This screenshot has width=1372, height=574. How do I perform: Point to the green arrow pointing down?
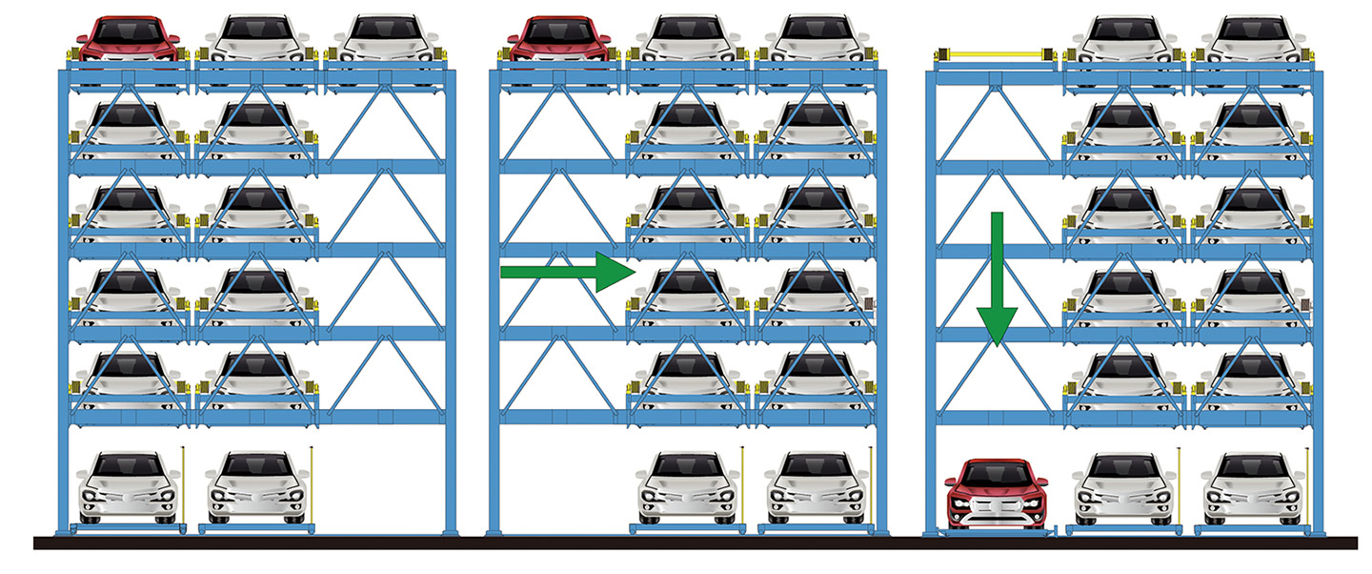point(997,277)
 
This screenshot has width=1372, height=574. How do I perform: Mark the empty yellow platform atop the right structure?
point(992,54)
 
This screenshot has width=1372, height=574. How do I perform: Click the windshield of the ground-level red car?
point(996,473)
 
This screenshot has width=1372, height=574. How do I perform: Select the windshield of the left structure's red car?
point(128,31)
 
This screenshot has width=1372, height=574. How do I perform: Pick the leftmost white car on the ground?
point(128,486)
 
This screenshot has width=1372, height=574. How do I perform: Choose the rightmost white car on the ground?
point(1253,486)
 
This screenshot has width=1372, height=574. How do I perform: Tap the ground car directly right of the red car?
point(1124,486)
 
